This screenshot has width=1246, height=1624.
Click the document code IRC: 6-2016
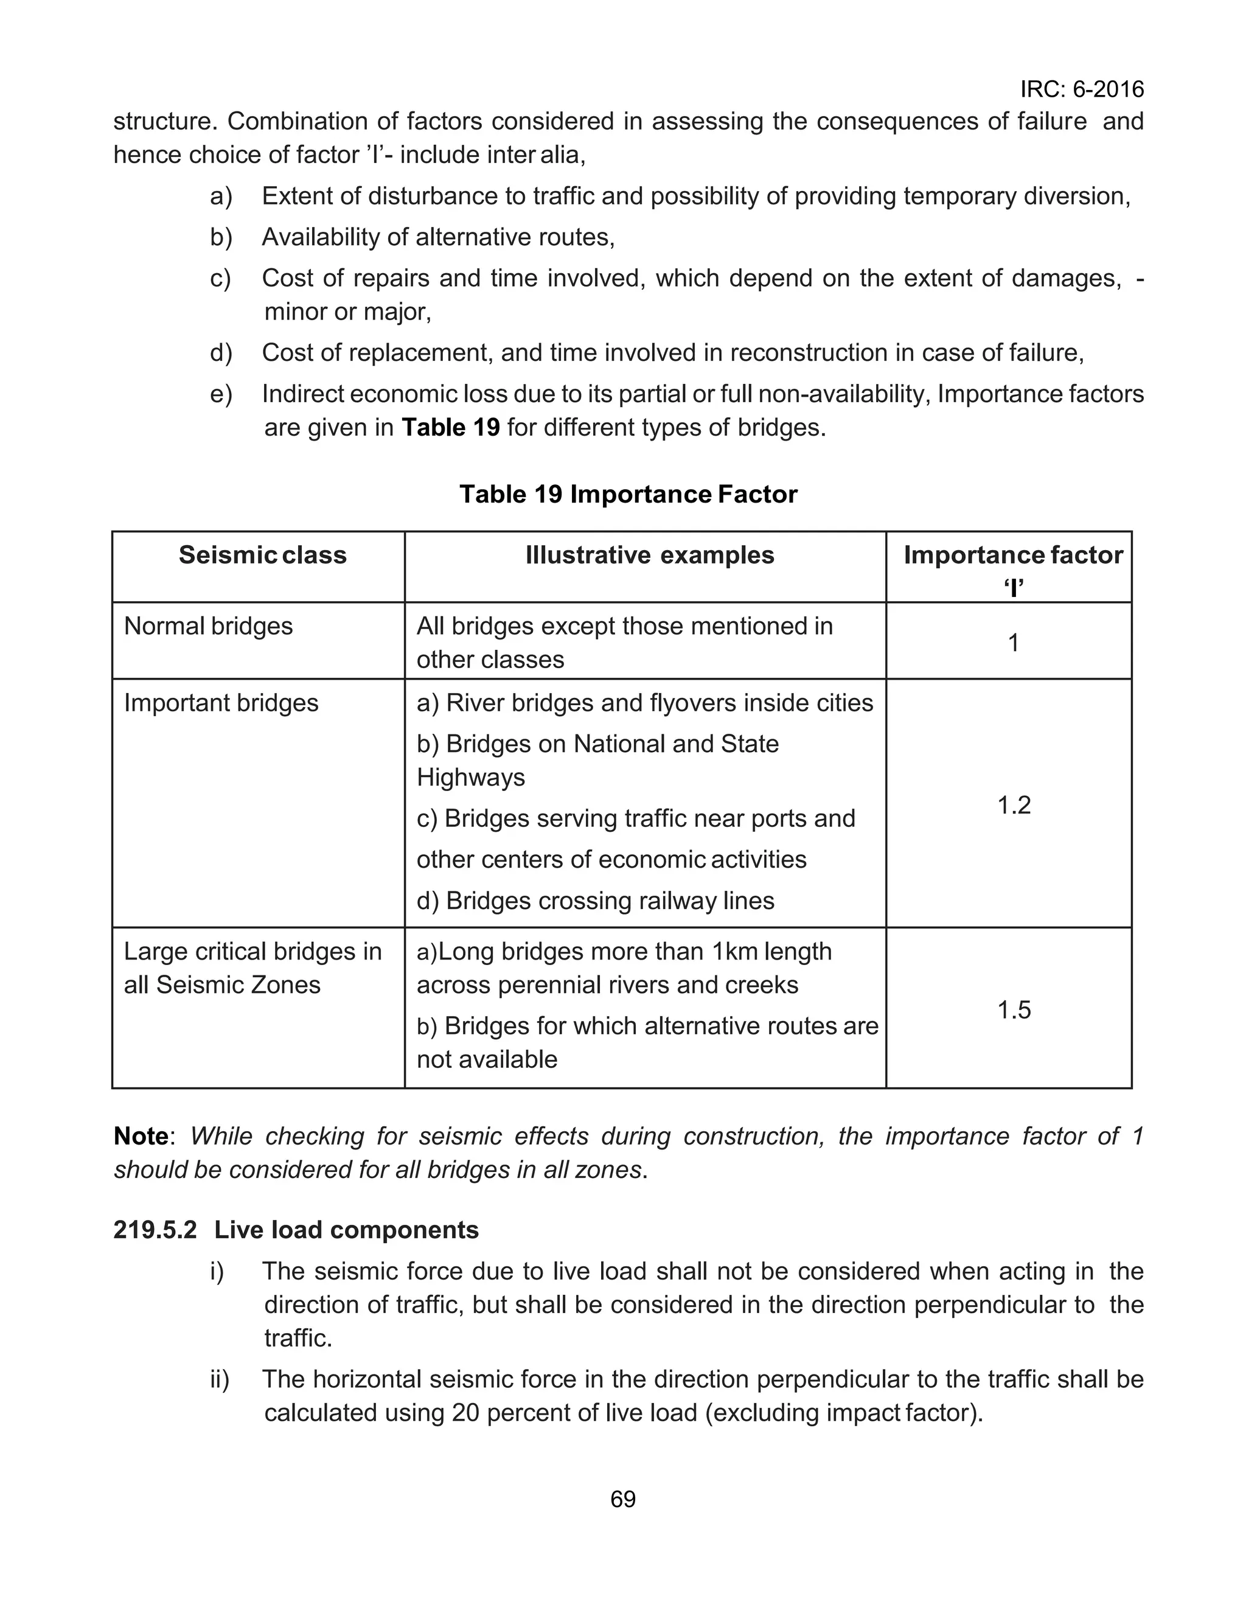(1081, 89)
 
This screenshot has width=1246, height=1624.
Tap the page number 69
(622, 1499)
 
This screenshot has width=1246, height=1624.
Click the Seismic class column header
(263, 555)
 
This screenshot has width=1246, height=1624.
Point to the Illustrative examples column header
(650, 555)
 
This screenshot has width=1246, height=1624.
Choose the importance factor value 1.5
(1013, 1009)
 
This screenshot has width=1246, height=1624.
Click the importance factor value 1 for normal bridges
(1013, 642)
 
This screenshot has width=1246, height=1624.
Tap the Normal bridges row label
(209, 626)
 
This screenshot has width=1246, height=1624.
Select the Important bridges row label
(221, 702)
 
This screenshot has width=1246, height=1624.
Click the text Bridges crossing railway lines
(610, 901)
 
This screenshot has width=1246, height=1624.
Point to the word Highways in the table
(470, 777)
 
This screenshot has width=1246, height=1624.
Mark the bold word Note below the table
(141, 1136)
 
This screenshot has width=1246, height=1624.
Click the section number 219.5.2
(155, 1230)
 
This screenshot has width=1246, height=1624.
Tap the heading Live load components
(346, 1230)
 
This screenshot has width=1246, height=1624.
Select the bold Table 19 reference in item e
(450, 428)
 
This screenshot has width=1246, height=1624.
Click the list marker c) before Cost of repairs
(220, 278)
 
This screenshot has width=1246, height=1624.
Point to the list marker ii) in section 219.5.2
(219, 1379)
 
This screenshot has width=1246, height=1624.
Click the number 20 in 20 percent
(467, 1413)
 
